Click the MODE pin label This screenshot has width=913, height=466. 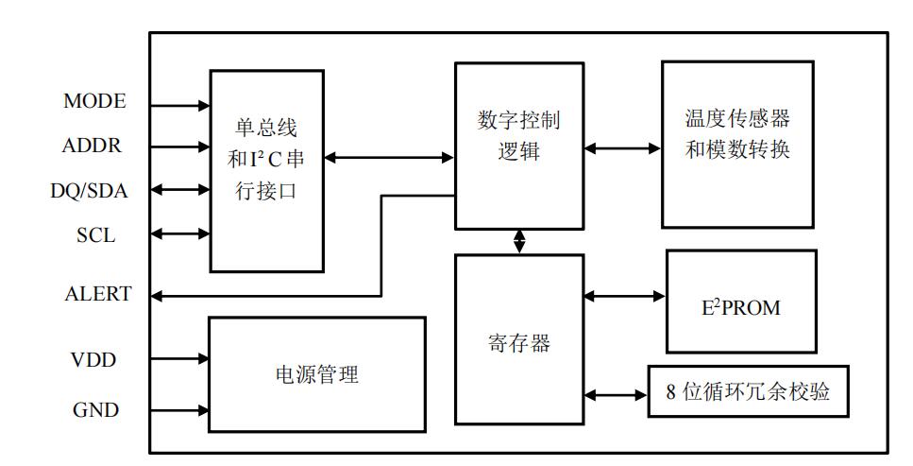pos(94,101)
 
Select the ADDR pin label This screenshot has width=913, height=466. pos(92,147)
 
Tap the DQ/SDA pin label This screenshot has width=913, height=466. pos(89,191)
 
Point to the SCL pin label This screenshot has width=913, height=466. pos(95,235)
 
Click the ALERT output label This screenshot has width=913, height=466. pos(97,295)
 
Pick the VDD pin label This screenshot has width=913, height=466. pos(93,360)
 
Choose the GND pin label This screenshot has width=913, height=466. pos(95,410)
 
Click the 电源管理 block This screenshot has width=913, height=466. pos(316,375)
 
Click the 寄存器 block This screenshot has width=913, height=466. pos(518,340)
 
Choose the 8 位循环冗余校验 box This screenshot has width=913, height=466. pos(748,392)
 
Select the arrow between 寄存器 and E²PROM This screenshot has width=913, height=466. pos(625,296)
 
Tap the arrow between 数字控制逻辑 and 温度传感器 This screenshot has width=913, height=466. pos(622,147)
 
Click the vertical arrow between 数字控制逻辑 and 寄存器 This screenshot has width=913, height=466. pos(519,241)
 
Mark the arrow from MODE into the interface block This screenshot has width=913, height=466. pos(179,106)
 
